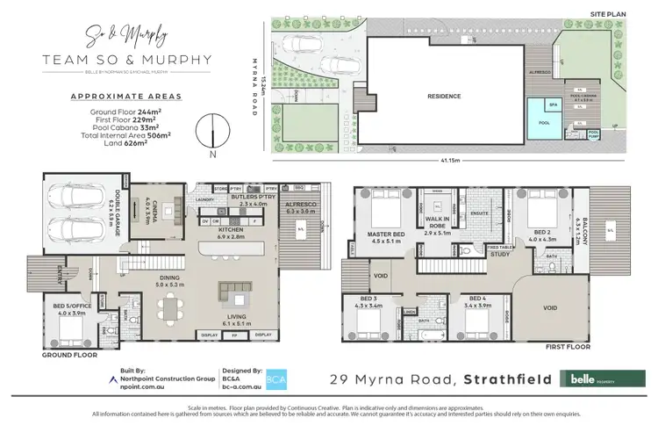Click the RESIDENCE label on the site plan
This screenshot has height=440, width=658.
[444, 97]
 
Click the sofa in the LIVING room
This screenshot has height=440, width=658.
[233, 291]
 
